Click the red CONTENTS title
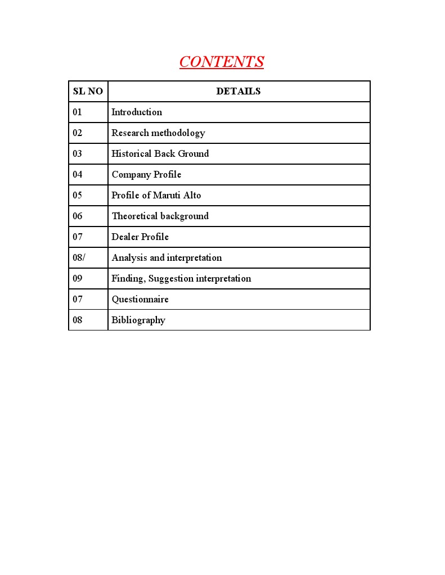point(222,62)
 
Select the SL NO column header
point(88,91)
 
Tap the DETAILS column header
point(239,91)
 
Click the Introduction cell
point(137,112)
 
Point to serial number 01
point(77,112)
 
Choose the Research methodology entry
point(158,133)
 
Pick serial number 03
point(77,153)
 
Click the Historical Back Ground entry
point(160,153)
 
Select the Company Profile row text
point(146,174)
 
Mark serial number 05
point(77,195)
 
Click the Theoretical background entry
point(160,216)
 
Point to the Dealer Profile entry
point(140,237)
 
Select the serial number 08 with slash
point(79,257)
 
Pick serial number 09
point(77,278)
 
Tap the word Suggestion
point(170,278)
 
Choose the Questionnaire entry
point(140,299)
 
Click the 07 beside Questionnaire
point(77,299)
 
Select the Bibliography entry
point(138,320)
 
